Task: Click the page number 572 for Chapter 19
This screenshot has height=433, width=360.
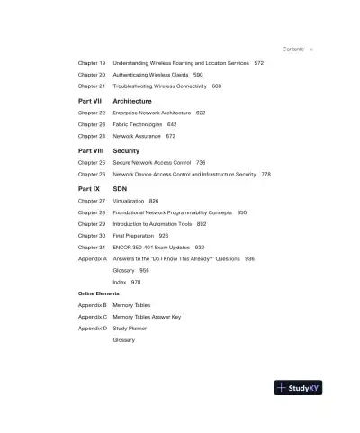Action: tap(259, 63)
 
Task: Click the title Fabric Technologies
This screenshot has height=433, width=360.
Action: tap(139, 124)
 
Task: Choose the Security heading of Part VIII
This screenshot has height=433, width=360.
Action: tap(126, 150)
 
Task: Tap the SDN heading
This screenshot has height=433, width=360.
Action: tap(120, 189)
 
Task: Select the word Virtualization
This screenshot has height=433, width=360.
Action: tap(130, 201)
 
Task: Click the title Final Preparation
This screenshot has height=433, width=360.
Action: tap(134, 235)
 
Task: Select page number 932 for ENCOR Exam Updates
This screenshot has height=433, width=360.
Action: tap(200, 247)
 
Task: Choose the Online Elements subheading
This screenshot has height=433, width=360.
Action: tap(99, 294)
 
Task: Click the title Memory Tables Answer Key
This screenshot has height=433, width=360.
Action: tap(152, 317)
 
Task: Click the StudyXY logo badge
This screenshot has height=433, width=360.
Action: tap(300, 389)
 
